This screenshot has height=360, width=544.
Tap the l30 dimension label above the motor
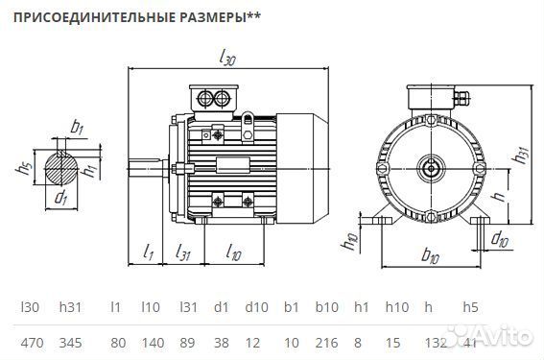[x=227, y=60]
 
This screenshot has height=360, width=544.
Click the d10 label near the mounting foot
[x=499, y=237]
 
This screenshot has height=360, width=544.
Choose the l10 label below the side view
[x=233, y=253]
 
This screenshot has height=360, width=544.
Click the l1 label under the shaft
[x=148, y=253]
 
